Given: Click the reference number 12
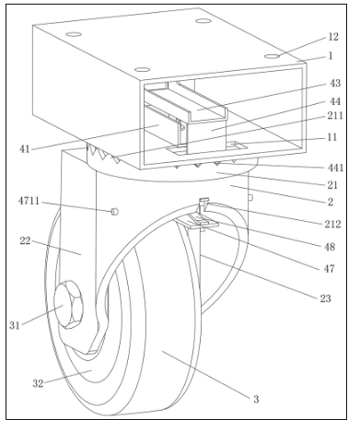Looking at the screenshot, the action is (333, 37).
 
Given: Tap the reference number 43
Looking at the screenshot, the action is (335, 83).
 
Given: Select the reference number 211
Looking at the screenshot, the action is (335, 116).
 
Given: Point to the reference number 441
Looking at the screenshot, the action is (335, 168).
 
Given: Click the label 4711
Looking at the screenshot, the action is (29, 201).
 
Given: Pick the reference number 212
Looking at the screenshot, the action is (333, 224).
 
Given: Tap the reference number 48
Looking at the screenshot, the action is (330, 247).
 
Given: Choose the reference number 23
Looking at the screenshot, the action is (326, 298).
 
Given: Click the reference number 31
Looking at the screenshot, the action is (15, 325).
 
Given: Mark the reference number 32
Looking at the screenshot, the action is (38, 383).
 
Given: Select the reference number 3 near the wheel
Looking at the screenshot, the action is (256, 399).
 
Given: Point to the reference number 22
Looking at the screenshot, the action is (25, 241).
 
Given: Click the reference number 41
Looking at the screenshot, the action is (25, 149).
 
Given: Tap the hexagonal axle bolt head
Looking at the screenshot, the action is (68, 305).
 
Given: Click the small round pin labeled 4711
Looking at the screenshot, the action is (114, 211).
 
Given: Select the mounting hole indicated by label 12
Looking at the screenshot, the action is (273, 56).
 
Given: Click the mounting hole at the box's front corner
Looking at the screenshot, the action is (142, 69).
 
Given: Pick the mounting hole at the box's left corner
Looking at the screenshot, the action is (74, 34).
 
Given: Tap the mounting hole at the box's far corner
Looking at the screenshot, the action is (203, 21).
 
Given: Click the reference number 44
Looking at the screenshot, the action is (335, 101).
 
